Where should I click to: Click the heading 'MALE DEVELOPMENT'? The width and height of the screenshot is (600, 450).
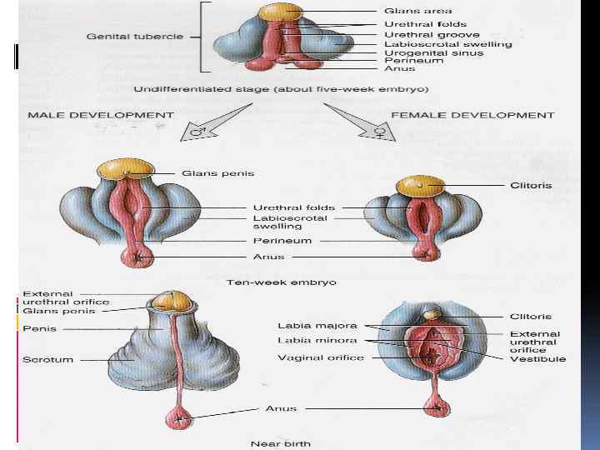(x=102, y=115)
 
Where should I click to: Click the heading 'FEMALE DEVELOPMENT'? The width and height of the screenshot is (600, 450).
(x=472, y=115)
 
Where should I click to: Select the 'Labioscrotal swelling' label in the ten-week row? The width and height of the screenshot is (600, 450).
(x=289, y=222)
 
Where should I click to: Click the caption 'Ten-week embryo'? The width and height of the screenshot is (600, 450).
(x=282, y=282)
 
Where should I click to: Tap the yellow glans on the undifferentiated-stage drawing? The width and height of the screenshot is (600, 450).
(x=281, y=12)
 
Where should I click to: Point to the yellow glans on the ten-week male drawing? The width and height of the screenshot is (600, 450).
(x=127, y=169)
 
